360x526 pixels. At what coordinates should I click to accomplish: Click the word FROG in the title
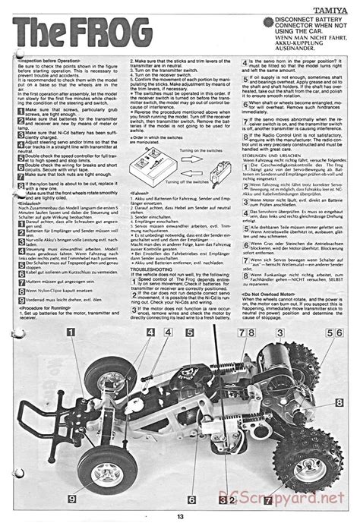coord(96,33)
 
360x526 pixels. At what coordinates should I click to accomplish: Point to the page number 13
coord(179,518)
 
